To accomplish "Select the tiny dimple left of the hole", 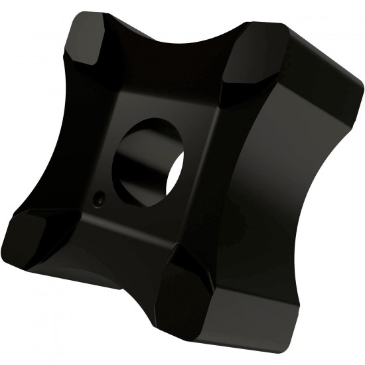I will pyautogui.click(x=98, y=198).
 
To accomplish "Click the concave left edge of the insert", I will pyautogui.click(x=46, y=133).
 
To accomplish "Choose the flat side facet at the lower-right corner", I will pyautogui.click(x=265, y=319).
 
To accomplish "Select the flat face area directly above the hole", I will pyautogui.click(x=156, y=100).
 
